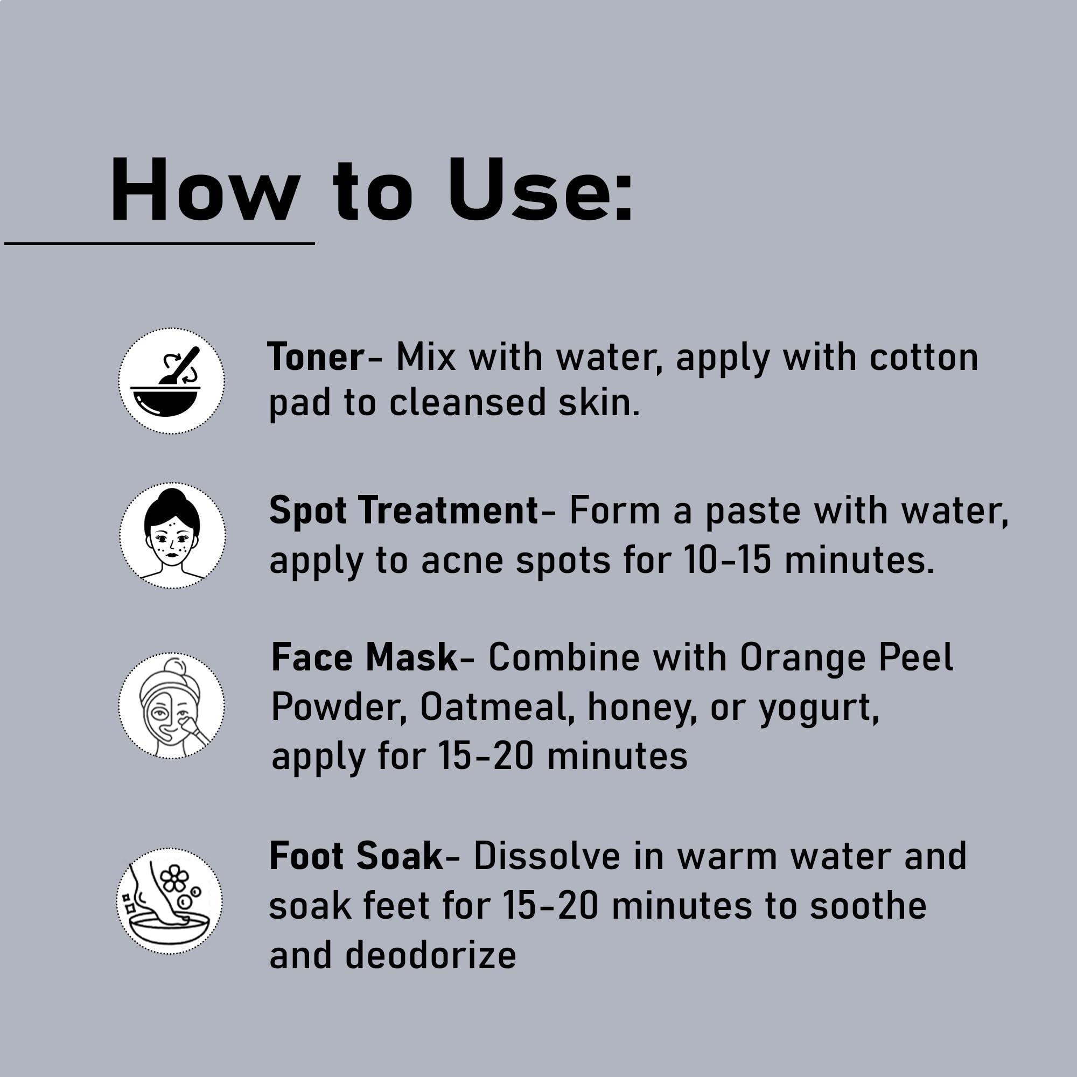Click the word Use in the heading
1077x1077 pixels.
pyautogui.click(x=541, y=190)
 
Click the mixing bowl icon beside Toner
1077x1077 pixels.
pyautogui.click(x=171, y=381)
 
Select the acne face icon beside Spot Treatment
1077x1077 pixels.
pyautogui.click(x=172, y=535)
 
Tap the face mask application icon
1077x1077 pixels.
pyautogui.click(x=171, y=705)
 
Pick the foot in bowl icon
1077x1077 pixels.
pyautogui.click(x=170, y=901)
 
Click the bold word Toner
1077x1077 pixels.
pyautogui.click(x=316, y=358)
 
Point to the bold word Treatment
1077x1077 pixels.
pyautogui.click(x=448, y=510)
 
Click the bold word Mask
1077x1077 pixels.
pyautogui.click(x=411, y=658)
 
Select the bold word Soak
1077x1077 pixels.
pyautogui.click(x=399, y=856)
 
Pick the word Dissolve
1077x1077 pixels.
pyautogui.click(x=546, y=856)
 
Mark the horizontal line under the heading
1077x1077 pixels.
pyautogui.click(x=159, y=243)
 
